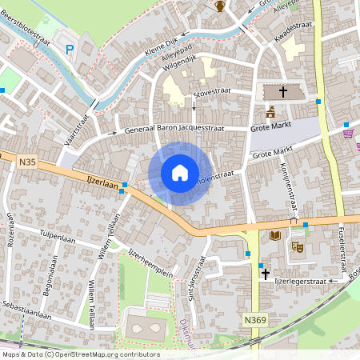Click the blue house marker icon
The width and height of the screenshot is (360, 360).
[180, 173]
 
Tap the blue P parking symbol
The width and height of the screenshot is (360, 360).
[70, 49]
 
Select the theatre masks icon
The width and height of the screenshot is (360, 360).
[297, 247]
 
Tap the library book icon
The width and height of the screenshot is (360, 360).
[275, 235]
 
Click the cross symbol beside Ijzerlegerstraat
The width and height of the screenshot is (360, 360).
[265, 274]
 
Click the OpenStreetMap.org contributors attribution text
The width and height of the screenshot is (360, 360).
[107, 354]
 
